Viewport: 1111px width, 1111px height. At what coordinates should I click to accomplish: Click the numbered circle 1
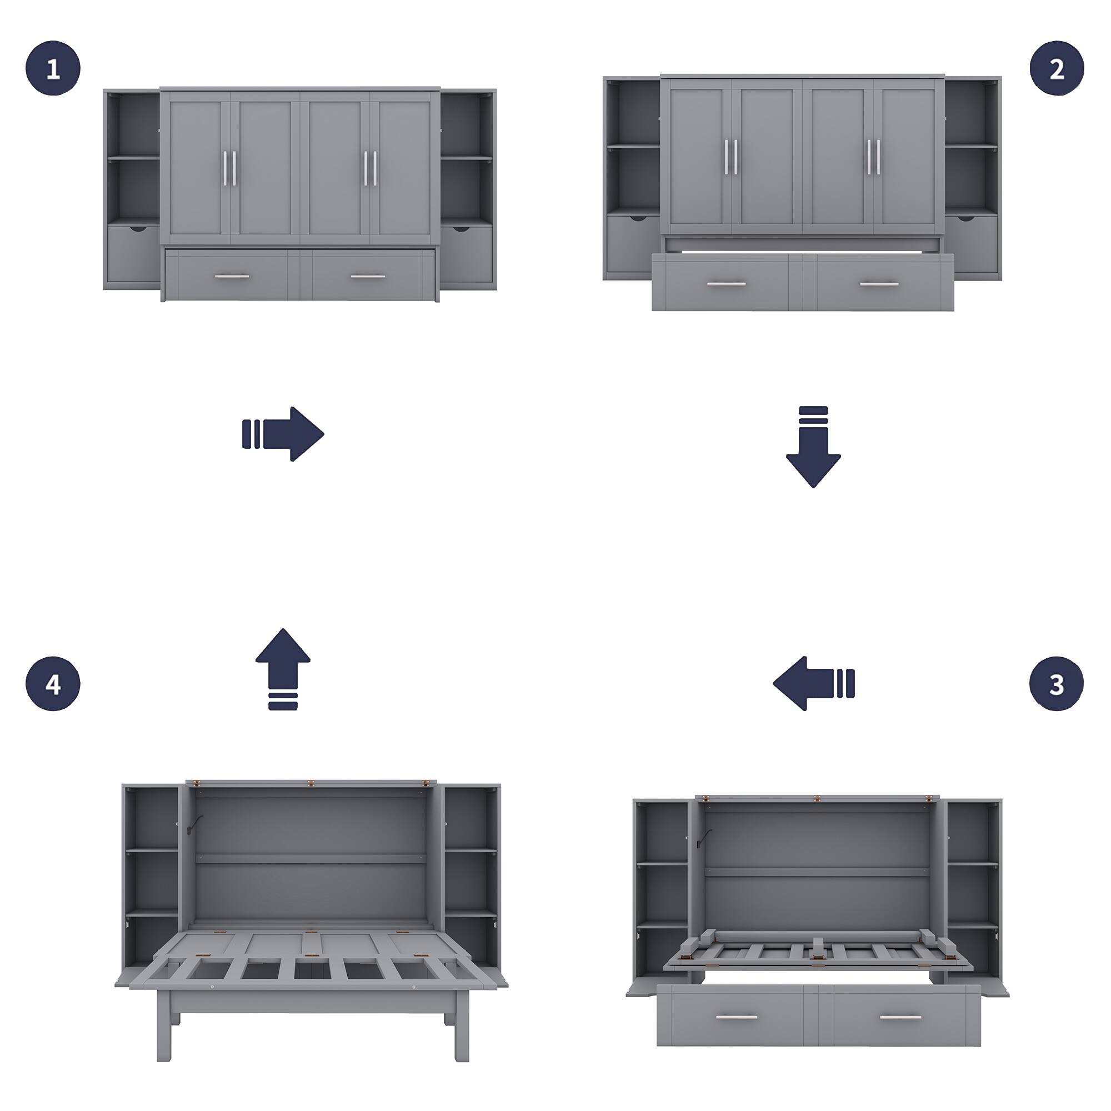53,68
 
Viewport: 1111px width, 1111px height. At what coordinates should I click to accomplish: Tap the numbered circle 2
1057,68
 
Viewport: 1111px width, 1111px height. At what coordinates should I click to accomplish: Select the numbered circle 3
1057,684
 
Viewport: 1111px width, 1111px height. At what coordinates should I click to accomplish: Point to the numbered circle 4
53,684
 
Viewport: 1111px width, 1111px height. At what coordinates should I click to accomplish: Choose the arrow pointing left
813,684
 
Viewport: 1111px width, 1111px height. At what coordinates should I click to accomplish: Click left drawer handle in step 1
232,277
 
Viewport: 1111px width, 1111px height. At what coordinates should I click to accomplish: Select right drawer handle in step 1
367,277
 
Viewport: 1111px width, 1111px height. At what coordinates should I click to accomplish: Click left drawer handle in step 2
726,284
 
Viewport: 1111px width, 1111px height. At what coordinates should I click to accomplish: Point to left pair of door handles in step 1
229,168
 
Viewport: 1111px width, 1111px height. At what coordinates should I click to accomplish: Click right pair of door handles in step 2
873,157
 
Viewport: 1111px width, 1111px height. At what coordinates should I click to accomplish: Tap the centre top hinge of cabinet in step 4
311,783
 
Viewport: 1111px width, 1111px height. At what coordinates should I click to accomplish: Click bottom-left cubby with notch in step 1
133,254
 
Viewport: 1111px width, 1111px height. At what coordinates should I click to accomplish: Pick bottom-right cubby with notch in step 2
971,243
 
